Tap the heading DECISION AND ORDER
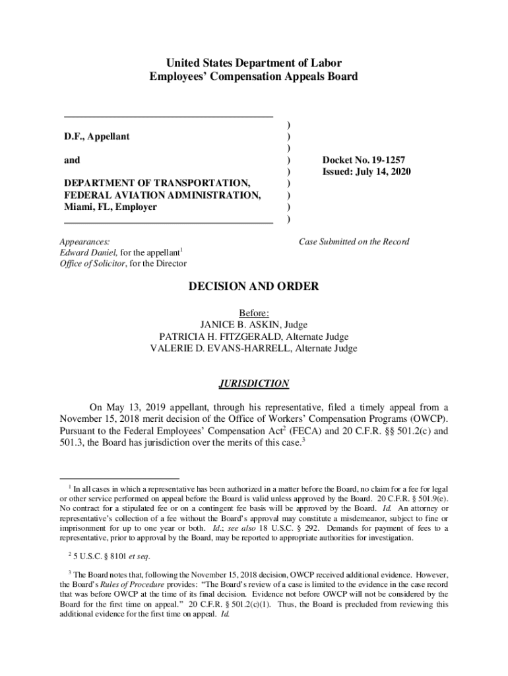click(254, 287)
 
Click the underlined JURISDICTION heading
click(254, 384)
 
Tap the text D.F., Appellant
click(97, 137)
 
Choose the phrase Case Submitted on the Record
click(354, 242)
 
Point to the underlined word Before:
click(254, 313)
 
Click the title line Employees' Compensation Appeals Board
click(254, 77)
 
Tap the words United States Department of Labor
click(254, 63)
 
